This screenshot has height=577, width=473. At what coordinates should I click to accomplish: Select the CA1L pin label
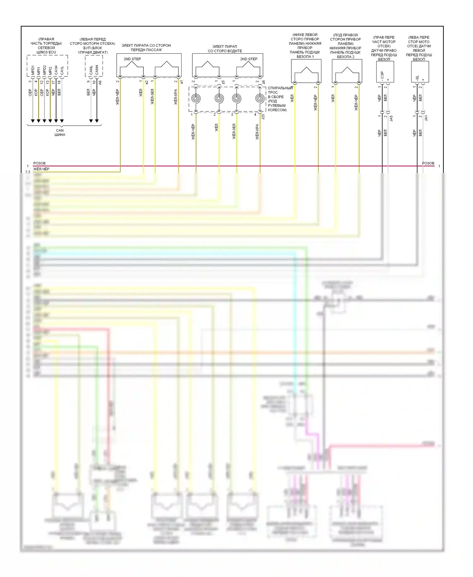[x=62, y=70]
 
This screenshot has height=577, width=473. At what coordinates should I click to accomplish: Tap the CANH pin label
[x=97, y=70]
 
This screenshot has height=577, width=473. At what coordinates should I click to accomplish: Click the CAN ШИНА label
[x=60, y=133]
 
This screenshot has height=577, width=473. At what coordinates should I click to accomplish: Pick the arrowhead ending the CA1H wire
[x=56, y=121]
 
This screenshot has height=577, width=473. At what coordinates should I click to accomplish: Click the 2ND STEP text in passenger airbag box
[x=132, y=59]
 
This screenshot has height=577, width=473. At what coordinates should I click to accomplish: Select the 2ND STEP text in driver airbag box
[x=248, y=59]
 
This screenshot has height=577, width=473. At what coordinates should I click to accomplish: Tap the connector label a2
[x=147, y=82]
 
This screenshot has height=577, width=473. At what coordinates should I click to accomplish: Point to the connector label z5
[x=223, y=82]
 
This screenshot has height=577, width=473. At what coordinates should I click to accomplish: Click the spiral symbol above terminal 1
[x=196, y=98]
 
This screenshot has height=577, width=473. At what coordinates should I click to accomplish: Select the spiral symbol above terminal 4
[x=260, y=98]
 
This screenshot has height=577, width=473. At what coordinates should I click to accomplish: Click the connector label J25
[x=263, y=116]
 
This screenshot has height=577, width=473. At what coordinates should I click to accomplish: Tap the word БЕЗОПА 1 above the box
[x=305, y=57]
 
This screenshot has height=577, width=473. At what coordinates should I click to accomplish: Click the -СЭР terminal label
[x=382, y=76]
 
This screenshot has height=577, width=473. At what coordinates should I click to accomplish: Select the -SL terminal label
[x=417, y=77]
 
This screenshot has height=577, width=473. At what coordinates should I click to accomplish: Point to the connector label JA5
[x=391, y=118]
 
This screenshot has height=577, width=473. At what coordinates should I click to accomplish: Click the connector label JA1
[x=426, y=118]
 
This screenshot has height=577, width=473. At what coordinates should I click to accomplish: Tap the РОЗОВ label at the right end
[x=428, y=163]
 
